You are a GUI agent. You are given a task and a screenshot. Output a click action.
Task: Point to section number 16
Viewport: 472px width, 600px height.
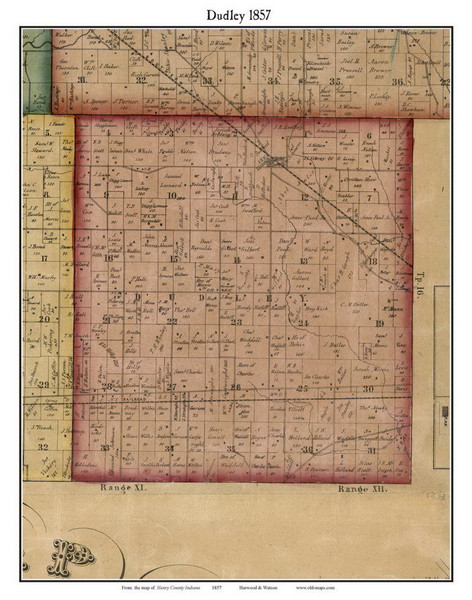click(110, 258)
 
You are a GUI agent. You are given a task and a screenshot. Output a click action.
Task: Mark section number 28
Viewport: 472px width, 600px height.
click(107, 386)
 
